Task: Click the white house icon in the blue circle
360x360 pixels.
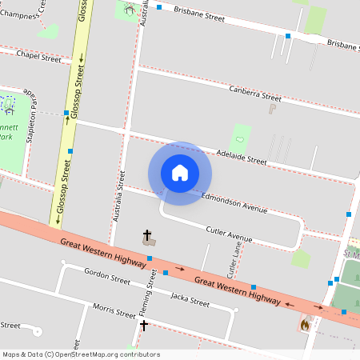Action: tap(180, 172)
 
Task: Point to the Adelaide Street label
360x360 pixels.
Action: tap(241, 156)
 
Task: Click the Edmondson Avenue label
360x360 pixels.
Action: tap(234, 202)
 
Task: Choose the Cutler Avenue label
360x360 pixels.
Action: tap(229, 234)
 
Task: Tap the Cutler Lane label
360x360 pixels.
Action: tap(237, 256)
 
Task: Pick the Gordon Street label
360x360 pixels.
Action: tap(107, 276)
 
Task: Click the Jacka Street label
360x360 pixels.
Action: tap(190, 299)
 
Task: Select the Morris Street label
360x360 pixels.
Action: tap(114, 309)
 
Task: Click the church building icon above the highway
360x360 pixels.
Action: tap(148, 238)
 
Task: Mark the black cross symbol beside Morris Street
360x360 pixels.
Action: tap(144, 325)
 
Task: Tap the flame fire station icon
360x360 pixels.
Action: tap(305, 324)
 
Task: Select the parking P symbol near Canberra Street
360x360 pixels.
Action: tap(272, 108)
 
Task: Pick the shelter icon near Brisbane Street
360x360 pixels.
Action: tap(130, 11)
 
